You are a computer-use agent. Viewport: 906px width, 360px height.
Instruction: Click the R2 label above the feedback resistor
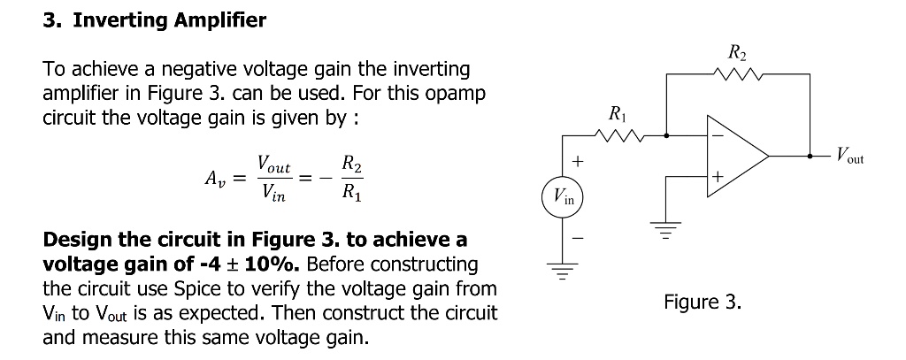737,53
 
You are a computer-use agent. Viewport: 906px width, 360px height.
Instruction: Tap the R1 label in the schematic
617,114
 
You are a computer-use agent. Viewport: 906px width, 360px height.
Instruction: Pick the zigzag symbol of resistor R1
619,136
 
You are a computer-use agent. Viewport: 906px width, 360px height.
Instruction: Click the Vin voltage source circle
562,197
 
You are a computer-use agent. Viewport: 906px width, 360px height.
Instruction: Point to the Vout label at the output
850,156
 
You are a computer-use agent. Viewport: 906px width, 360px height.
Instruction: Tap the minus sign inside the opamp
717,136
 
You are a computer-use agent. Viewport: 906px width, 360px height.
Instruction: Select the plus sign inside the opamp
718,176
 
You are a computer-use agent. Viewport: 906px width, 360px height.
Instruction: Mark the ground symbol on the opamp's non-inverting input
666,230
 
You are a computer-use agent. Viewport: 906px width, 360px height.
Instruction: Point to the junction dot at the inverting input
667,136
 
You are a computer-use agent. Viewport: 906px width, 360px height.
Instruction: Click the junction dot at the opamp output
810,156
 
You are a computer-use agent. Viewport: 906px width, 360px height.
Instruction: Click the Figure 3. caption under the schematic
702,302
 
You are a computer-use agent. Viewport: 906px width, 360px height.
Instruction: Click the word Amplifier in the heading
220,20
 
